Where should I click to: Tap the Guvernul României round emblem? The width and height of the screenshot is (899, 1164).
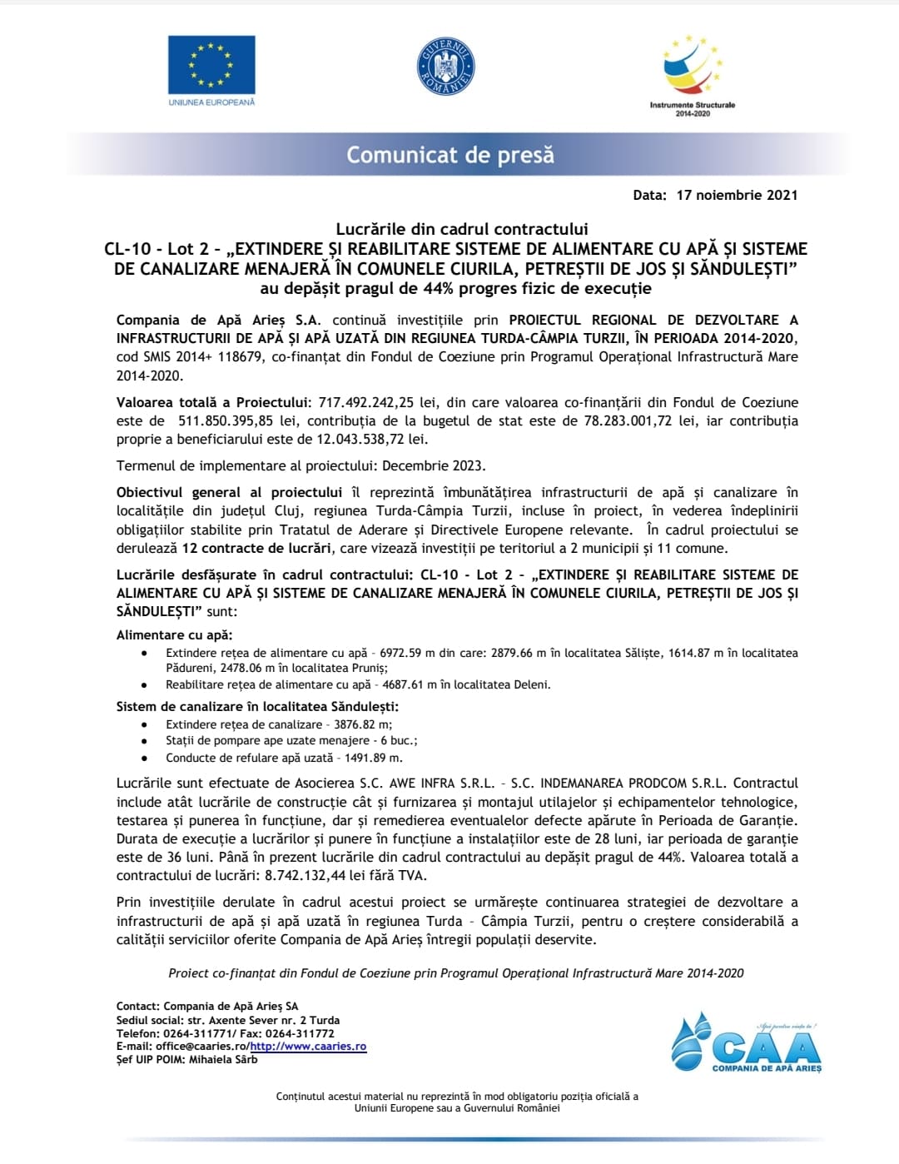(446, 66)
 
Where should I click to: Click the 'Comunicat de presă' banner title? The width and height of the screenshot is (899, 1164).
(450, 155)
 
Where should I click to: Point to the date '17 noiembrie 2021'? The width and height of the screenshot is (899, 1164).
(737, 195)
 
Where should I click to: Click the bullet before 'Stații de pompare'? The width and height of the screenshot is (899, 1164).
(145, 741)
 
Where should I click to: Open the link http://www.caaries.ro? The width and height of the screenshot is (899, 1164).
(308, 1047)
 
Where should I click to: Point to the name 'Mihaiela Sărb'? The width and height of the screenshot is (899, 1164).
(223, 1060)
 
